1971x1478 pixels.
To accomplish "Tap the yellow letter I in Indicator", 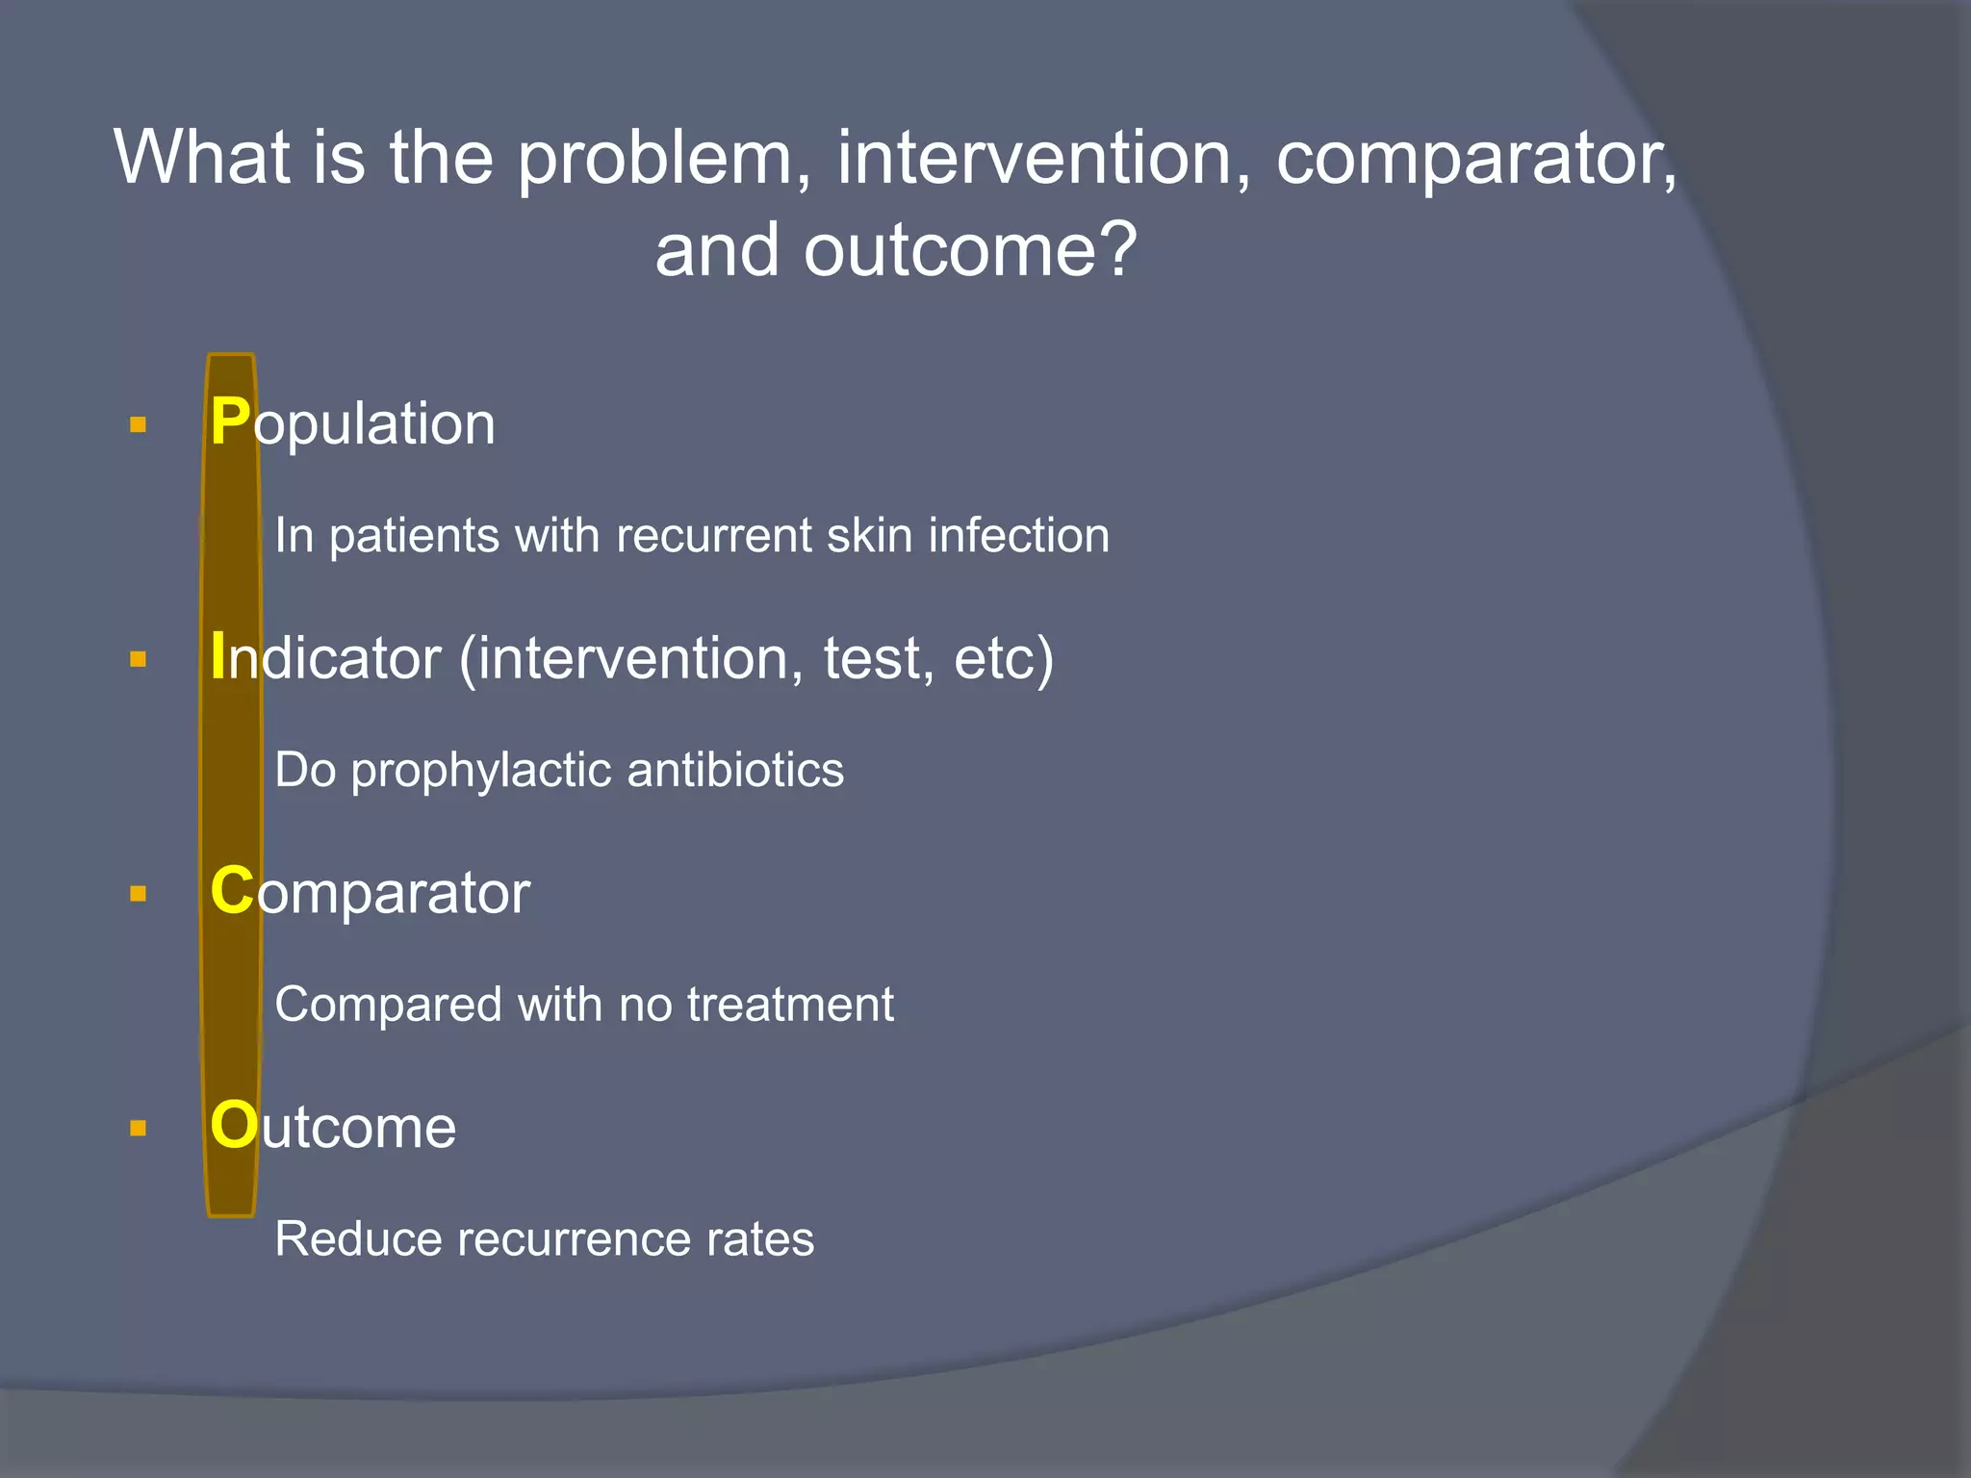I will [218, 657].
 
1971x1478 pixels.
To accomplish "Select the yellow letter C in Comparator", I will [232, 891].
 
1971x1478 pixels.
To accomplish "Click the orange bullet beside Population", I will [138, 424].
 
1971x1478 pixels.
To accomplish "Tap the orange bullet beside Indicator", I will [138, 659].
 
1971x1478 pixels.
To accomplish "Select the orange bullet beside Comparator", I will [138, 894].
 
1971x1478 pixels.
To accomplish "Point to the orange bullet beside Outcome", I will [138, 1128].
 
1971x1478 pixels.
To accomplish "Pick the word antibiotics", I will [735, 770].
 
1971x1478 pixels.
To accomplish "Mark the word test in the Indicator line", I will [870, 659].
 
